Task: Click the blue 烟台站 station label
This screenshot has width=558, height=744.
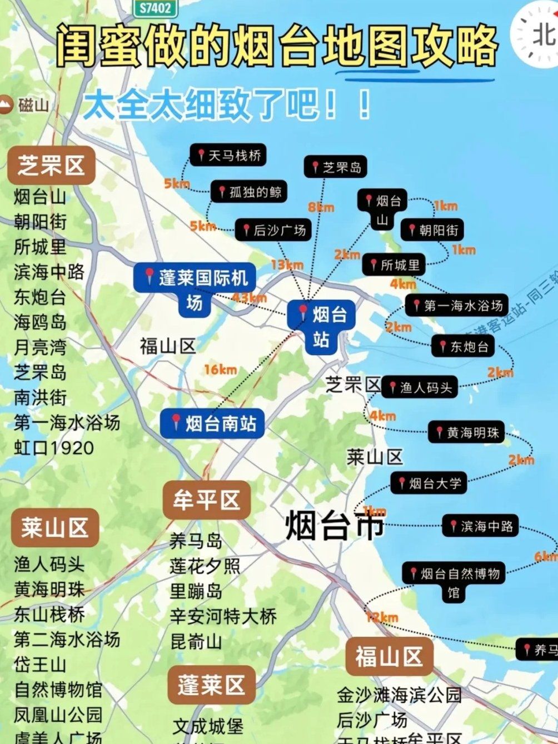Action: tap(321, 326)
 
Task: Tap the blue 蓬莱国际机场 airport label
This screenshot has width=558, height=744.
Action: tap(195, 289)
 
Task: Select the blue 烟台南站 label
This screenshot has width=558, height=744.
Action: tap(212, 423)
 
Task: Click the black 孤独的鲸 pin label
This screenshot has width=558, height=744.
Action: tap(249, 192)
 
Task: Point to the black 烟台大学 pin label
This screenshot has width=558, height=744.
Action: tap(429, 483)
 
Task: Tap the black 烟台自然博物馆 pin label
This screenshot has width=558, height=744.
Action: tap(454, 582)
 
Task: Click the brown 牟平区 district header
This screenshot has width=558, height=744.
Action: tap(206, 500)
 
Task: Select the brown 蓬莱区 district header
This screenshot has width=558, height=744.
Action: tap(211, 685)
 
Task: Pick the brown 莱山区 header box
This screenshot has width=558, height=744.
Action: tap(55, 527)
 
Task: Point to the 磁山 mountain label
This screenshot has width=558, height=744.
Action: tap(25, 104)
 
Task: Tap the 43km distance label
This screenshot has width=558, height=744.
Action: tap(250, 298)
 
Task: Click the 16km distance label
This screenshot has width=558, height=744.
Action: tap(220, 369)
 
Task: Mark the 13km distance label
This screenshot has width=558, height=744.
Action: tap(287, 264)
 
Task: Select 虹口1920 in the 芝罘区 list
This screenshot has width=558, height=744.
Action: tap(54, 448)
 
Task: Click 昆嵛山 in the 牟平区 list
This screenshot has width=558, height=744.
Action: tap(196, 641)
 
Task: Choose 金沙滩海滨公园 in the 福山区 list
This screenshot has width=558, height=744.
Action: tap(399, 695)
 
